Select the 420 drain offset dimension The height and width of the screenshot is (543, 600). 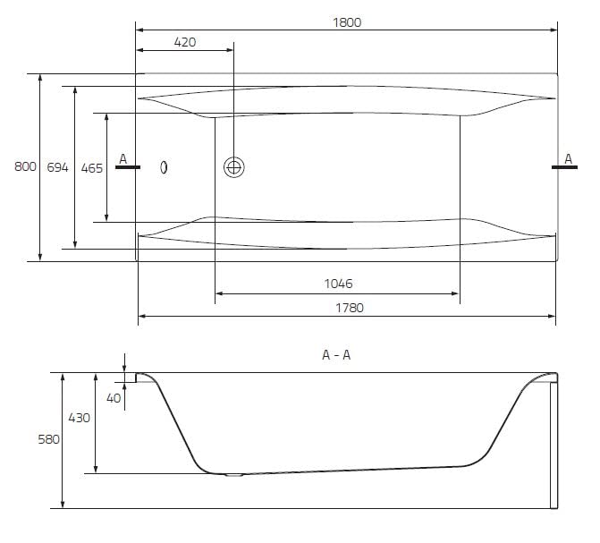point(184,42)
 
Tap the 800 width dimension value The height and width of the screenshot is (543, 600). point(26,167)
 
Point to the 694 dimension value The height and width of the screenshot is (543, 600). point(57,167)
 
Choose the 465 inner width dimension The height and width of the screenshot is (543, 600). point(91,167)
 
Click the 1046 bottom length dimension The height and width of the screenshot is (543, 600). point(337,284)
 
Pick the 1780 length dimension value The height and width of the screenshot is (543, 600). point(348,307)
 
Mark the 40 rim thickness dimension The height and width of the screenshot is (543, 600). point(113,398)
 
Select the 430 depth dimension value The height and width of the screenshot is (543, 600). point(80,418)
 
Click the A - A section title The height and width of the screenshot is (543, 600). point(336,355)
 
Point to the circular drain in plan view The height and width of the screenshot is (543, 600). point(233,166)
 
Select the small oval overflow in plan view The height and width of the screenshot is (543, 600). point(164,166)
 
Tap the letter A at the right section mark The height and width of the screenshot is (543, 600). point(568,158)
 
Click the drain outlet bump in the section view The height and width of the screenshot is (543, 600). point(233,476)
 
